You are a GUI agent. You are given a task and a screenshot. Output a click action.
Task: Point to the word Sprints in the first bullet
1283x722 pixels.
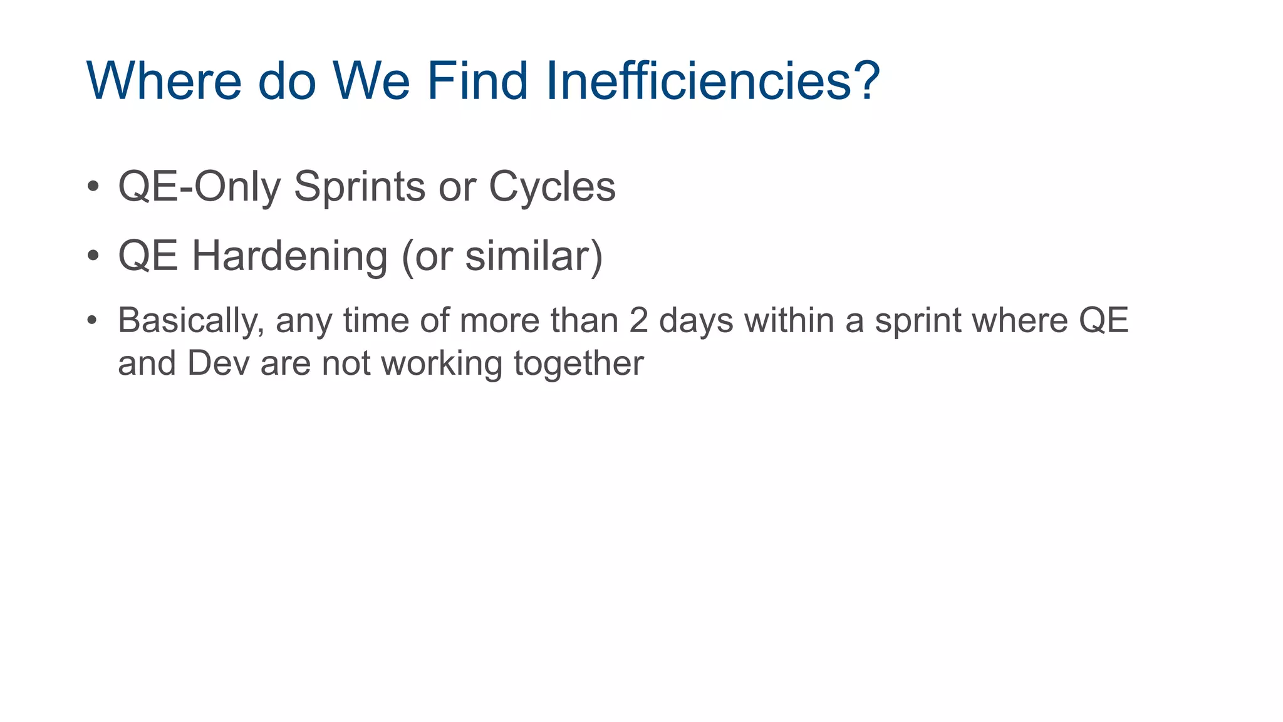[x=359, y=187]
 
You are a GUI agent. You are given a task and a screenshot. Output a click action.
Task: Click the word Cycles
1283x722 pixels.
[x=552, y=187]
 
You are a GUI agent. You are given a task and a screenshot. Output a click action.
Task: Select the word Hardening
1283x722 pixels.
[x=289, y=257]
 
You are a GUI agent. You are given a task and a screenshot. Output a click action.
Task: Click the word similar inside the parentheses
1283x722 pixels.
[x=527, y=257]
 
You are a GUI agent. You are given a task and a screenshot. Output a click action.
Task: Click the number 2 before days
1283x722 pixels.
[x=638, y=321]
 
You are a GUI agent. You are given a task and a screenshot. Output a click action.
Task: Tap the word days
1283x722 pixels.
[x=695, y=322]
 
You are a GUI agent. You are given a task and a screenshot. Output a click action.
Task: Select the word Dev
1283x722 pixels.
[x=218, y=364]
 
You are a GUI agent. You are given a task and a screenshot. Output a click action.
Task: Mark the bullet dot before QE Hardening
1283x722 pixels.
[x=93, y=256]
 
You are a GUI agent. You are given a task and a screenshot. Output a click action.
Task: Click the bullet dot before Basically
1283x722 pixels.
[x=93, y=320]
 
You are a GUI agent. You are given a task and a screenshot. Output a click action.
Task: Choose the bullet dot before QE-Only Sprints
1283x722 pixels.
[x=93, y=186]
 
